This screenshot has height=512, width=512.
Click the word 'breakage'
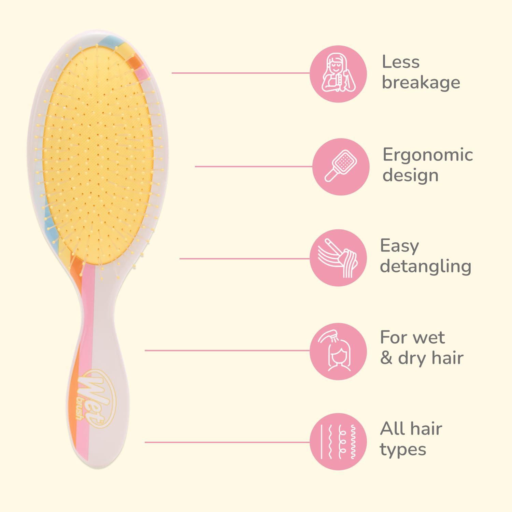pos(421,83)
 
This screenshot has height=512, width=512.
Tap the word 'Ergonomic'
pos(428,155)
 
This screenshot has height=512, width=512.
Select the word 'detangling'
pos(426,267)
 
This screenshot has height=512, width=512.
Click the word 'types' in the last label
pos(403,450)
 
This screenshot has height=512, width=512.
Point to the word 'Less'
pos(400,62)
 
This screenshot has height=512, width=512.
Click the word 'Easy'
pos(399,246)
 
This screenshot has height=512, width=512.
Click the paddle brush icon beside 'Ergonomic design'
pos(341,167)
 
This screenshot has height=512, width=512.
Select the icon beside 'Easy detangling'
pos(338,258)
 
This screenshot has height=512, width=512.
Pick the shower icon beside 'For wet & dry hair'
pos(338,351)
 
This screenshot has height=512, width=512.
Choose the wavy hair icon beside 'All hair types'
pos(338,441)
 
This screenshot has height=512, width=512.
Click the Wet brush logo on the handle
pos(97,398)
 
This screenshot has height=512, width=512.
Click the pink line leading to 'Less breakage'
pos(241,73)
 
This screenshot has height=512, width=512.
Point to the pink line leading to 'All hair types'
pos(228,442)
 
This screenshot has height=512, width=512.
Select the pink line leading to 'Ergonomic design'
pos(254,167)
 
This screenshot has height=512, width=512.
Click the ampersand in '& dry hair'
pos(386,358)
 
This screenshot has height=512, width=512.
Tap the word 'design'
pos(410,175)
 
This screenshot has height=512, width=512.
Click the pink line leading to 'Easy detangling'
pos(245,258)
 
